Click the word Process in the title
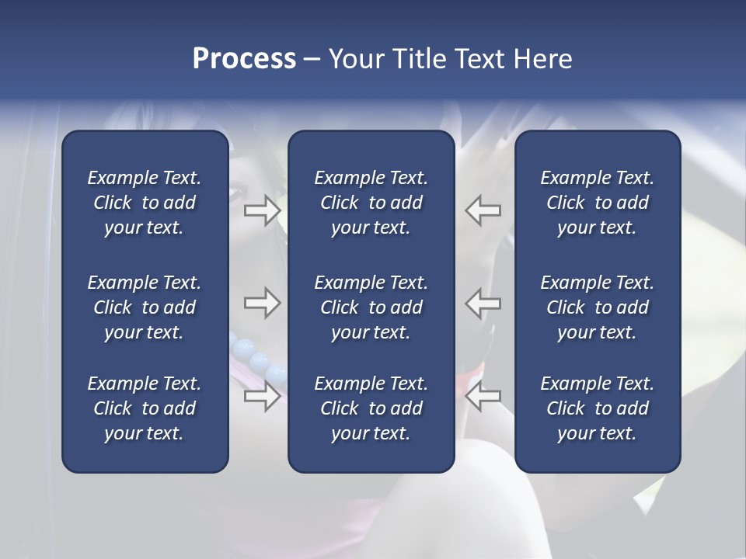click(x=244, y=59)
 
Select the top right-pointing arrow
click(x=263, y=210)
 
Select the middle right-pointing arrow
click(x=263, y=303)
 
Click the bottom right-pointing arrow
click(x=263, y=396)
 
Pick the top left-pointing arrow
click(x=483, y=210)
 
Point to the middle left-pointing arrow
click(x=483, y=303)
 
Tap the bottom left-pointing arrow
click(x=483, y=396)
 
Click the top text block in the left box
click(x=145, y=203)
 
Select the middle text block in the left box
click(x=145, y=307)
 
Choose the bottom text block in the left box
click(x=145, y=408)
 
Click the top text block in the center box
click(x=371, y=203)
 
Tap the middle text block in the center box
click(x=371, y=307)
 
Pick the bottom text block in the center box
click(x=371, y=408)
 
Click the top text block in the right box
click(x=598, y=203)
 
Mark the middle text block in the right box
click(x=598, y=307)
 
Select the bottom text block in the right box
click(x=598, y=408)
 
